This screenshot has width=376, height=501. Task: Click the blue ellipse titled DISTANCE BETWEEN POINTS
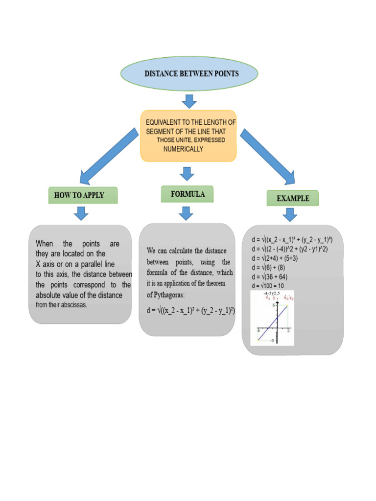(189, 74)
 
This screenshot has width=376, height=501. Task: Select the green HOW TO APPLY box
(83, 195)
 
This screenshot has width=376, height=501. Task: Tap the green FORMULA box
(188, 194)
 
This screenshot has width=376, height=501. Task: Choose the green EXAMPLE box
(292, 198)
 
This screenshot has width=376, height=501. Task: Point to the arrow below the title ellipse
(189, 101)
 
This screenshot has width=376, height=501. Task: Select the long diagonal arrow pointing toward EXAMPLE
(267, 156)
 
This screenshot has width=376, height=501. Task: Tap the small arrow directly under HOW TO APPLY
(82, 213)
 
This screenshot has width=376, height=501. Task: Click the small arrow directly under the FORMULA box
(186, 213)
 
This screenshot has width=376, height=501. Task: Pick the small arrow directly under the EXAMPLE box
(290, 215)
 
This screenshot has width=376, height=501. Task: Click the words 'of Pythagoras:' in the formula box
(169, 295)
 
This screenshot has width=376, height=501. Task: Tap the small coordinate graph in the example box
(272, 318)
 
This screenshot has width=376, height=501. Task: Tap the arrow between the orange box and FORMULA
(186, 173)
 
